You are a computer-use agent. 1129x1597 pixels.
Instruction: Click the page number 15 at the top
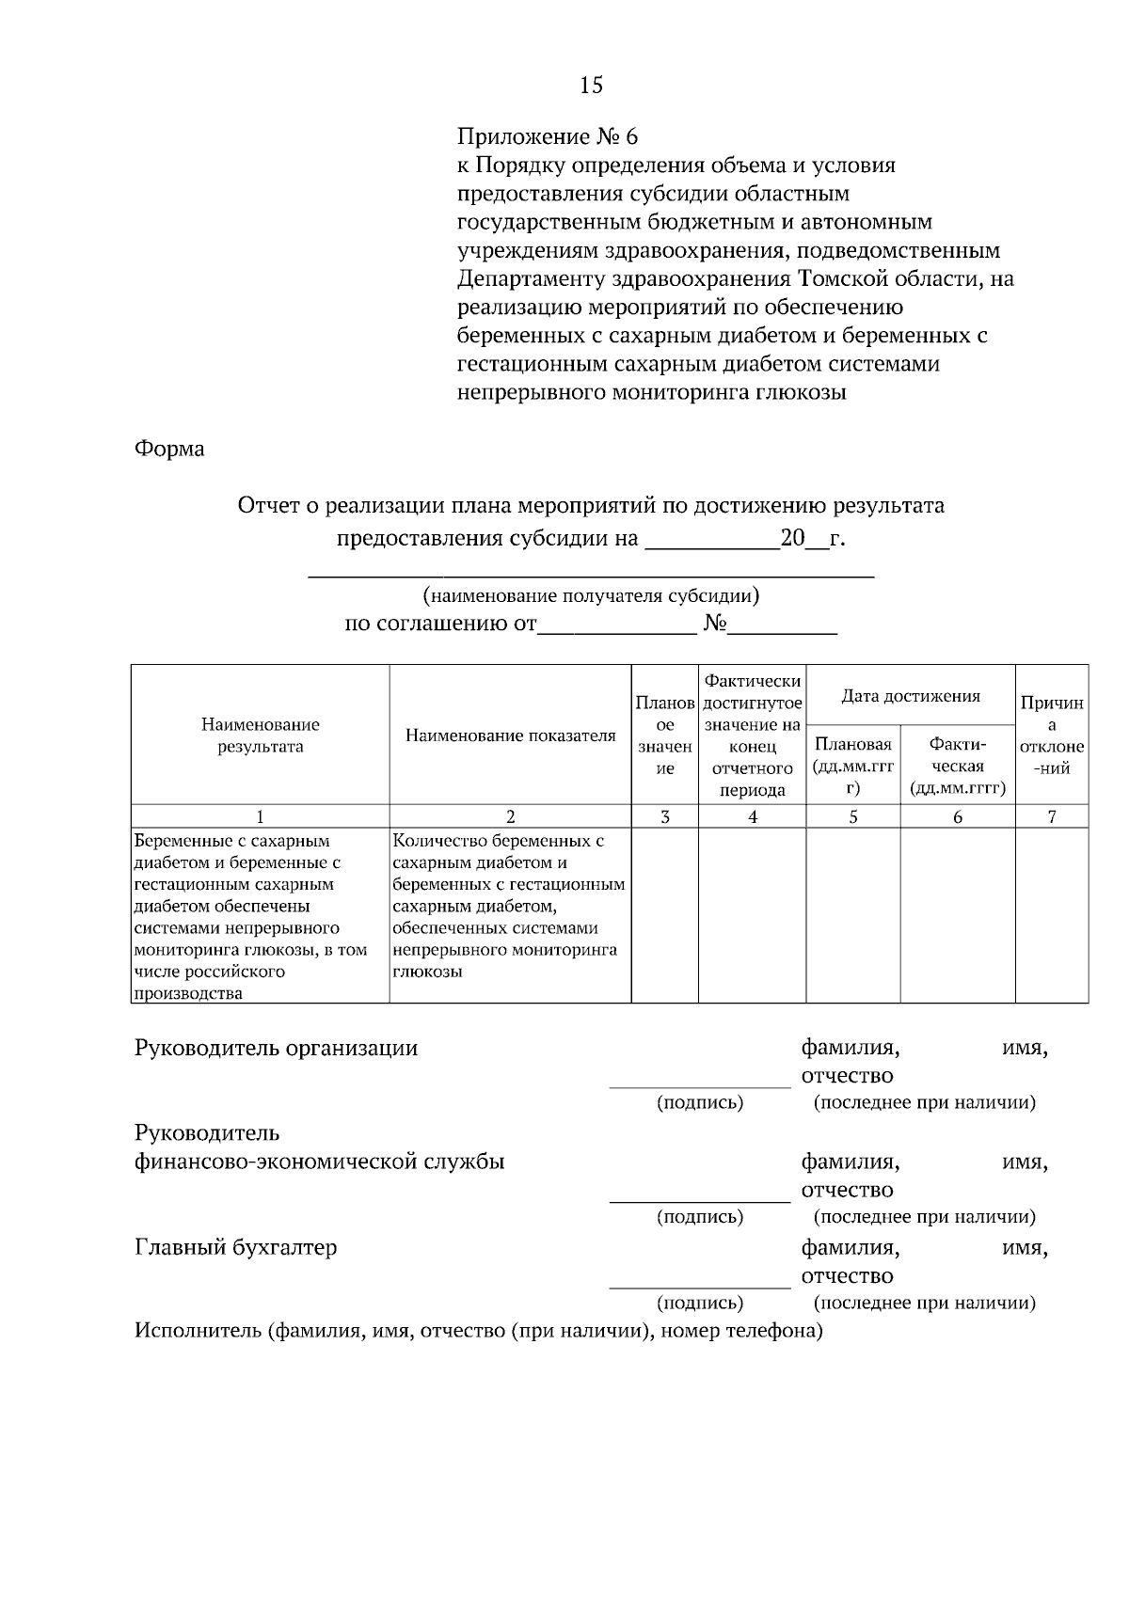pyautogui.click(x=591, y=86)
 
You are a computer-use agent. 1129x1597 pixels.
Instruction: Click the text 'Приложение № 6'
pyautogui.click(x=547, y=137)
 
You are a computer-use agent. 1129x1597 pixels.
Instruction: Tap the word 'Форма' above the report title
pyautogui.click(x=169, y=449)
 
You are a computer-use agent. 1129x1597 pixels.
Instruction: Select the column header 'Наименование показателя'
pyautogui.click(x=510, y=735)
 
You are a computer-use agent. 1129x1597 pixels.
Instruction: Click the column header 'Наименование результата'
pyautogui.click(x=260, y=735)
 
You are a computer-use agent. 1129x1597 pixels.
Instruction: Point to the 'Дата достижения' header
pyautogui.click(x=910, y=696)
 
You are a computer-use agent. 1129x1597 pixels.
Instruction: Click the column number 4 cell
pyautogui.click(x=752, y=817)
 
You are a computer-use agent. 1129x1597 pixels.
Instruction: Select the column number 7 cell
pyautogui.click(x=1051, y=817)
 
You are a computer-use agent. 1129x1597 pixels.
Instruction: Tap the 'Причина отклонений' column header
pyautogui.click(x=1051, y=735)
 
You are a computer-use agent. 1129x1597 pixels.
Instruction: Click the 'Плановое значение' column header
pyautogui.click(x=664, y=735)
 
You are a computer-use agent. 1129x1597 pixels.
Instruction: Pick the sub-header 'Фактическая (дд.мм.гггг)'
pyautogui.click(x=957, y=767)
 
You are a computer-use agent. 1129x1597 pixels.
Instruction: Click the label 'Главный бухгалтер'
pyautogui.click(x=236, y=1248)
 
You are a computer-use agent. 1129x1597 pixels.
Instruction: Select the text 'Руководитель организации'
pyautogui.click(x=277, y=1048)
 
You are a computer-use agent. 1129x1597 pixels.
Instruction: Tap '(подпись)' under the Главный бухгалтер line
pyautogui.click(x=699, y=1303)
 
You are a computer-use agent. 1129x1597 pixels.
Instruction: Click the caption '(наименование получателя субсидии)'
pyautogui.click(x=591, y=595)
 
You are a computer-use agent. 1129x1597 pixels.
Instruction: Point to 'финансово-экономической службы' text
pyautogui.click(x=320, y=1162)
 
